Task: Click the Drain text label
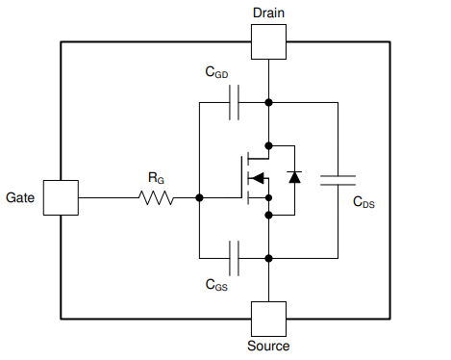(x=268, y=12)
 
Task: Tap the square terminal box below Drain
(x=268, y=41)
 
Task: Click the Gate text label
(x=21, y=197)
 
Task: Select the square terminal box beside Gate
(x=61, y=197)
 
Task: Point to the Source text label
(x=268, y=346)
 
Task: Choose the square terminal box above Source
(x=268, y=318)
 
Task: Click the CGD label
(x=217, y=72)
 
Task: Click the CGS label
(x=217, y=285)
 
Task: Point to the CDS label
(x=363, y=203)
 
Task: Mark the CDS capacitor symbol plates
(x=338, y=179)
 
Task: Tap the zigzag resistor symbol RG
(x=156, y=197)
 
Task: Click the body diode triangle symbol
(x=294, y=178)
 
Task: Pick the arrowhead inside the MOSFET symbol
(x=257, y=178)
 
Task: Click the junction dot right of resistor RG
(x=199, y=197)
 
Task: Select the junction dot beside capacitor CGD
(x=268, y=102)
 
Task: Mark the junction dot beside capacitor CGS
(x=268, y=258)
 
